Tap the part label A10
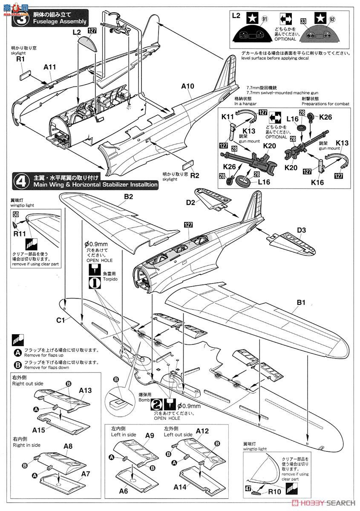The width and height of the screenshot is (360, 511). (187, 86)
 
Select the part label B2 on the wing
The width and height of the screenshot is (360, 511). (129, 197)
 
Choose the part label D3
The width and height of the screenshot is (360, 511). (301, 230)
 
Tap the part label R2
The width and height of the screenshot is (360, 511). (194, 175)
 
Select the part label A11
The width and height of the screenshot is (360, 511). (50, 67)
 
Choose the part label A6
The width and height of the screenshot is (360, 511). (124, 491)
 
